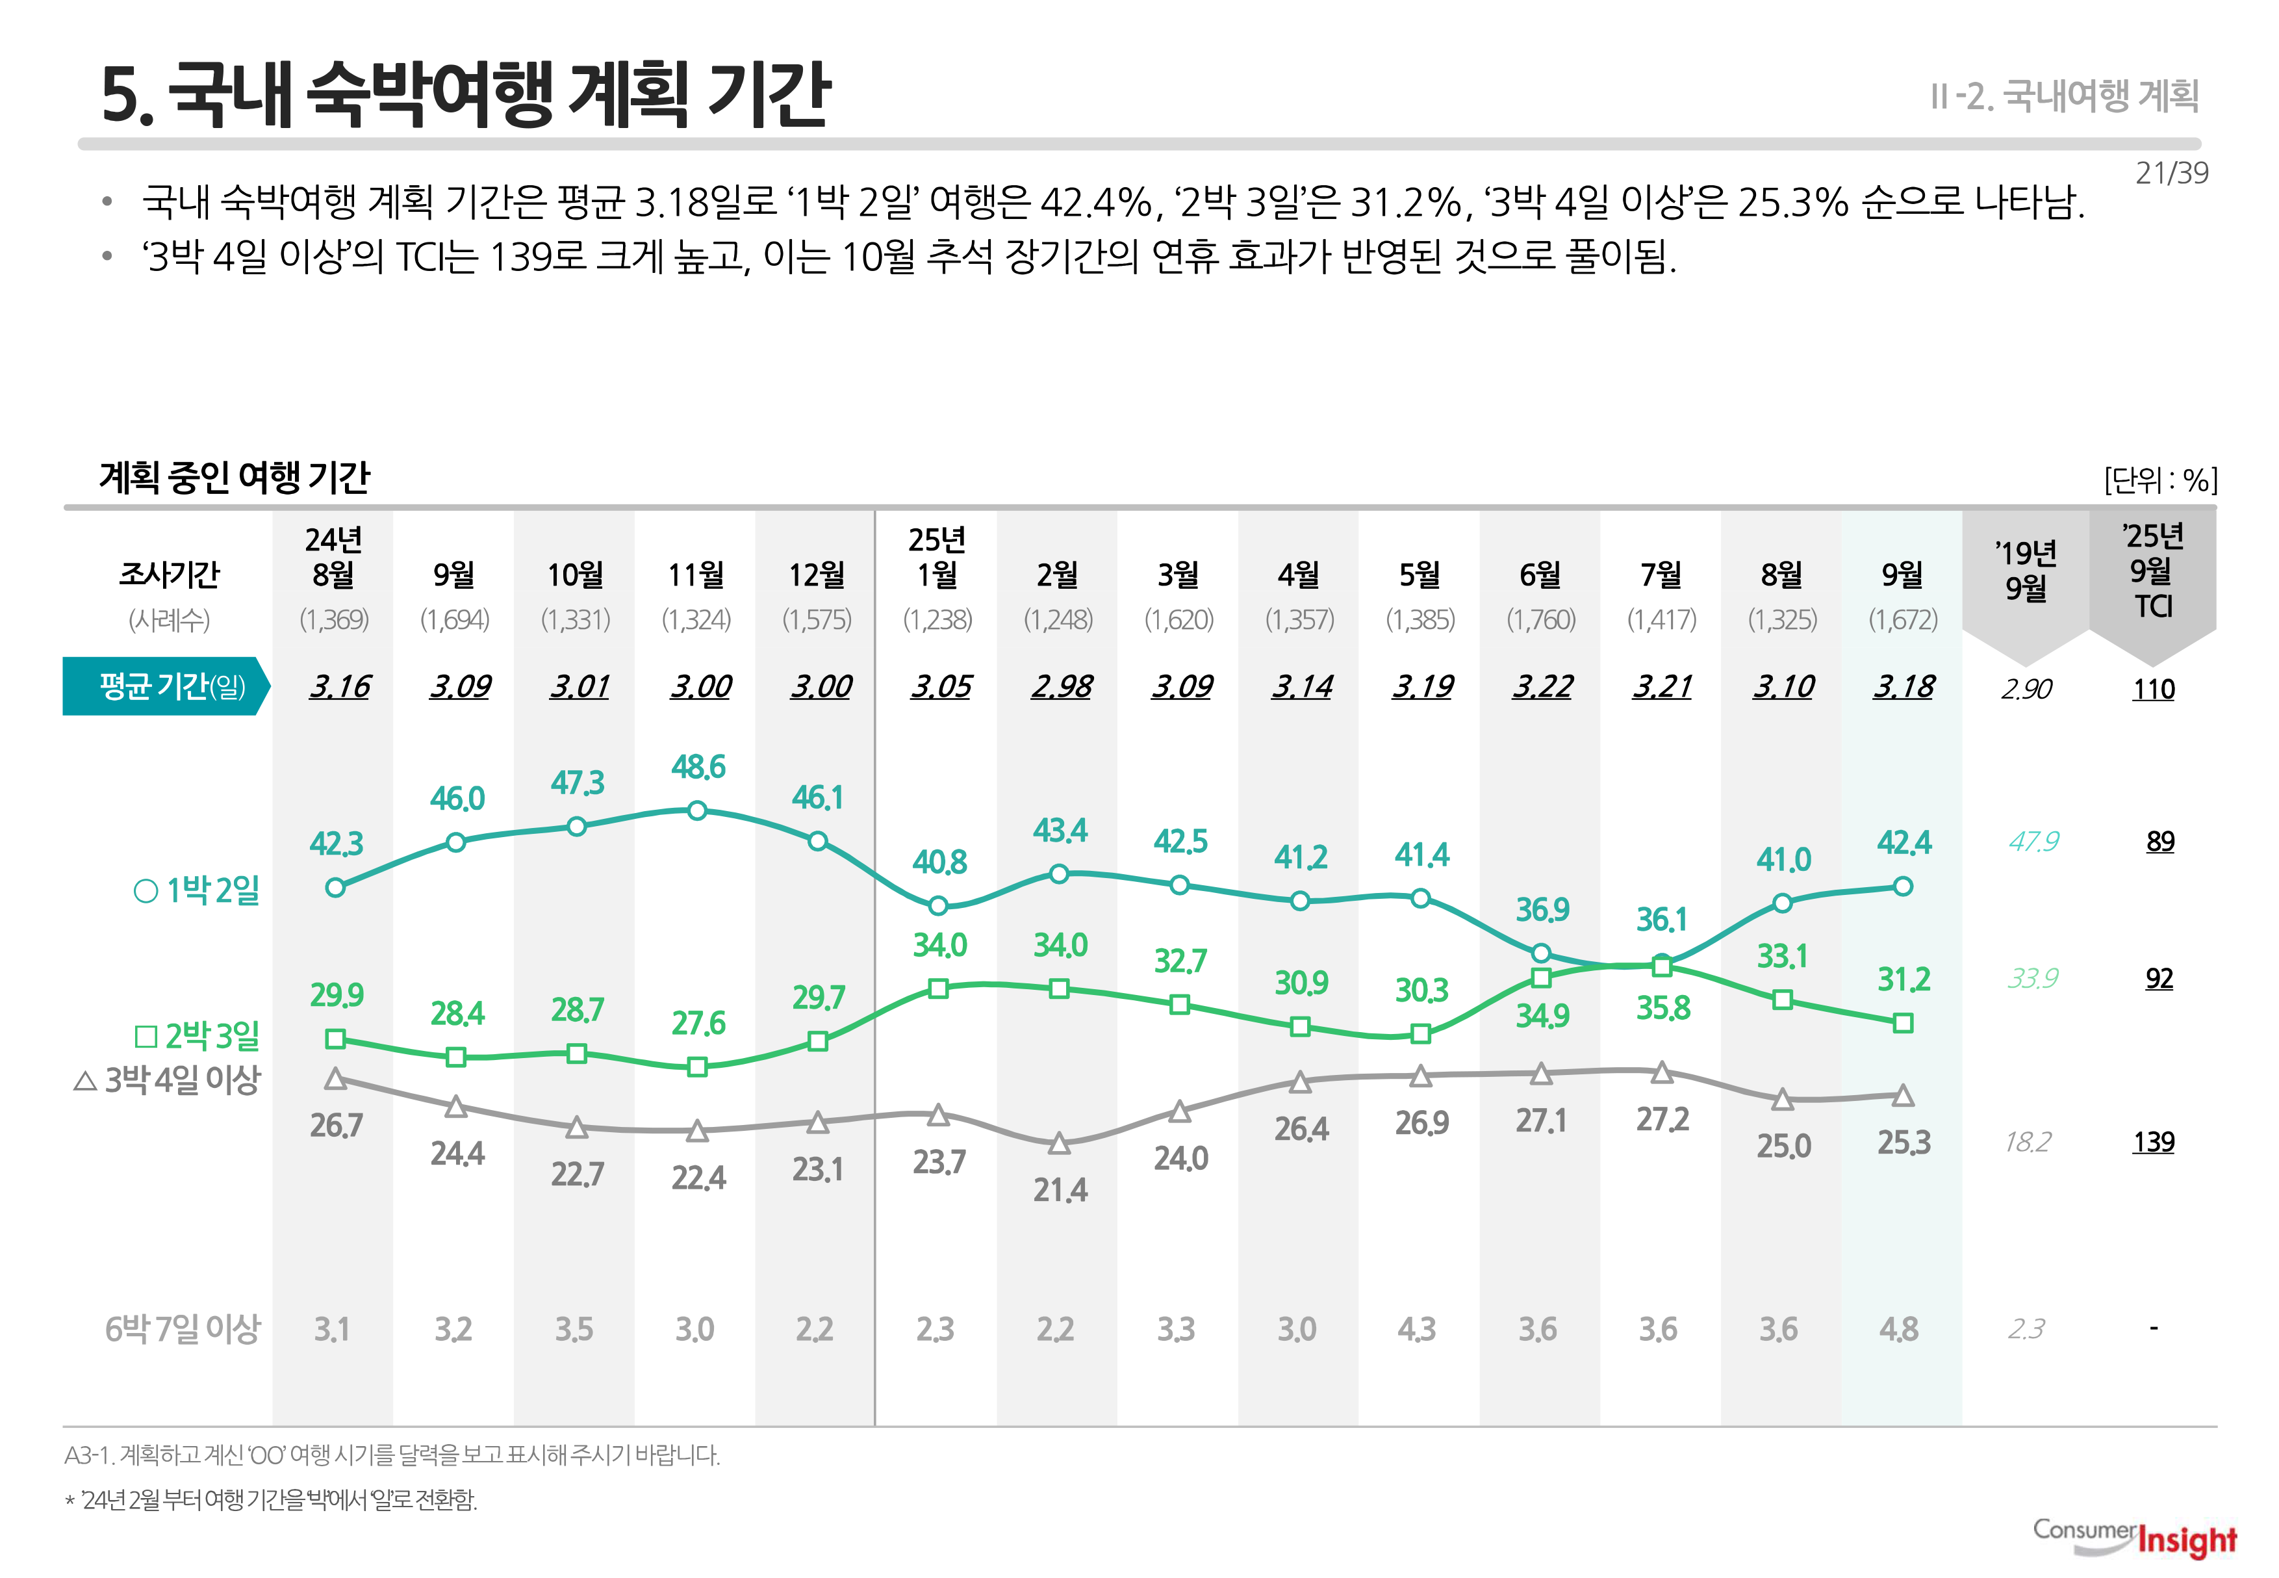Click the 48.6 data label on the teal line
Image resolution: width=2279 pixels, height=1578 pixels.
point(698,768)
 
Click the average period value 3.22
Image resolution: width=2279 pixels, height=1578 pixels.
point(1542,686)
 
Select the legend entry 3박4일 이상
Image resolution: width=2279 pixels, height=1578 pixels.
point(167,1080)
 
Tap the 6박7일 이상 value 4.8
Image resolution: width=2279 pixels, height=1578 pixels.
point(1898,1330)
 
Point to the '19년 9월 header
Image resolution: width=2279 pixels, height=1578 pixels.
point(2025,571)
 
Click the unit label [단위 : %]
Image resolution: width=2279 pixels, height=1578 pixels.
point(2160,480)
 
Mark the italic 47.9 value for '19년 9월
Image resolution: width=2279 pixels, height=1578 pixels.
point(2033,842)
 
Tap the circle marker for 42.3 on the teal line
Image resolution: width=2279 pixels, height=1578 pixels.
point(335,888)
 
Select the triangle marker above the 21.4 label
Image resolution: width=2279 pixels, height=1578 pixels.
point(1058,1144)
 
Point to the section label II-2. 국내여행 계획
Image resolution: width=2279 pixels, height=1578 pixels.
point(2063,96)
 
